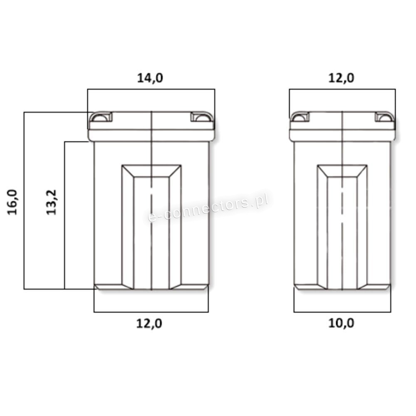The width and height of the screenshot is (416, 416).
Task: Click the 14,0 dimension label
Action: tap(150, 78)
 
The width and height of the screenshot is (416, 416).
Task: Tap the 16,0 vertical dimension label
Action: tap(12, 202)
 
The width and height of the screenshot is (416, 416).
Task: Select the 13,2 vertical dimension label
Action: tap(52, 202)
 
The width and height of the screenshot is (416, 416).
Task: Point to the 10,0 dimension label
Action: tap(341, 323)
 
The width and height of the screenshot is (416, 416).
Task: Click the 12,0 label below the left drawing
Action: tap(149, 324)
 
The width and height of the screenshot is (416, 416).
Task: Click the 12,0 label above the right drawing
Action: tap(341, 78)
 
